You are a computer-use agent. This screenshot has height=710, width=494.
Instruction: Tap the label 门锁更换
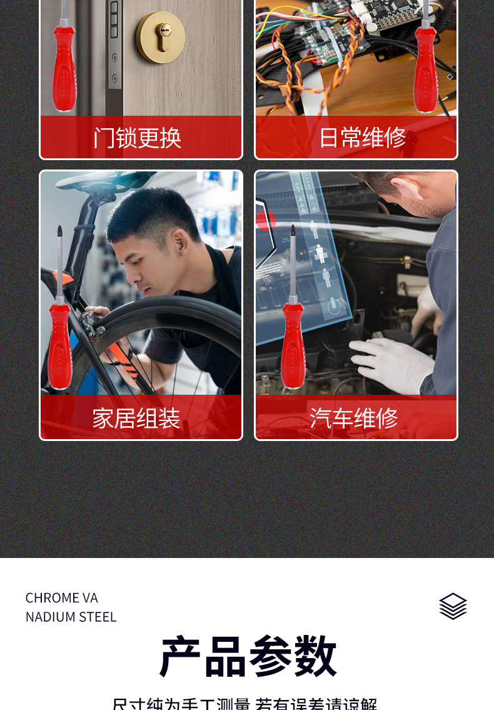point(138,138)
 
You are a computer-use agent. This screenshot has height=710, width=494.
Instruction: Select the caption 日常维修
point(363,138)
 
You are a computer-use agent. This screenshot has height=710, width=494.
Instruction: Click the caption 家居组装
point(136,418)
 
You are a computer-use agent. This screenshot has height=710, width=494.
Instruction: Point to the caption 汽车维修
point(354,418)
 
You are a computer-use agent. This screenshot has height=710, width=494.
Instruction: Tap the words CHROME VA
point(62,598)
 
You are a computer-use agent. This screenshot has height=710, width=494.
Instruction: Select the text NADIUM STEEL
point(71,617)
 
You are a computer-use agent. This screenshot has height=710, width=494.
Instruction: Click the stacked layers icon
point(453,606)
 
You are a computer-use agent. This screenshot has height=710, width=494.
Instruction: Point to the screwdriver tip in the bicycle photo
point(60,231)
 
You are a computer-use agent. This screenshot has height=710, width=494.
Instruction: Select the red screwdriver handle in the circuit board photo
point(425,69)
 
